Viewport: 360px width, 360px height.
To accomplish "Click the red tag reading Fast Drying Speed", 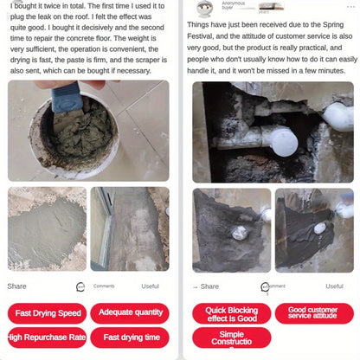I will point(48,313).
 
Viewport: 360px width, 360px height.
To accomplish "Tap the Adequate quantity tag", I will point(131,312).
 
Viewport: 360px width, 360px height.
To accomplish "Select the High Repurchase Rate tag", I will point(48,337).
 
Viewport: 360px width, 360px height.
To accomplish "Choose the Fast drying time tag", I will point(131,337).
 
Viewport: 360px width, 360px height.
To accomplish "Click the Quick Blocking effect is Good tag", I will point(231,313).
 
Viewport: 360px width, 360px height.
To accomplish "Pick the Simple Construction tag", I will point(231,337).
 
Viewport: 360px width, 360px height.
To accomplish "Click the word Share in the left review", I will point(16,286).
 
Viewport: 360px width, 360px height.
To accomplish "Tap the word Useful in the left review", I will point(151,286).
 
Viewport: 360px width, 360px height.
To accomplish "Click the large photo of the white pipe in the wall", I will point(273,131).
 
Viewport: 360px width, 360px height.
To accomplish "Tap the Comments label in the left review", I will point(104,286).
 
